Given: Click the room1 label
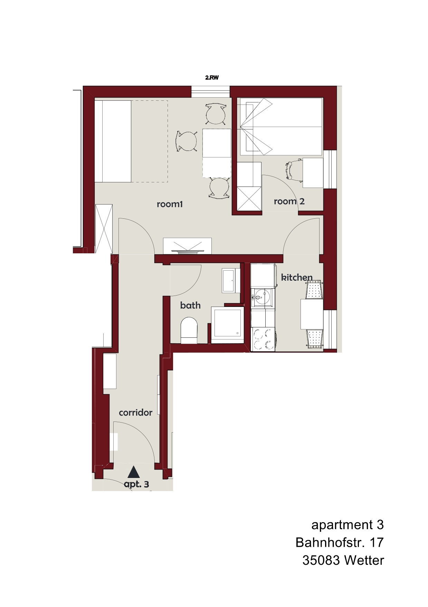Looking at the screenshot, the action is (169, 204).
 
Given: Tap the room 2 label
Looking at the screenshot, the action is (289, 201).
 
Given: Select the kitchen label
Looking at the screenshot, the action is (297, 277).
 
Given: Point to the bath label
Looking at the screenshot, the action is (190, 305).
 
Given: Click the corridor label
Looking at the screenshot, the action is (135, 413).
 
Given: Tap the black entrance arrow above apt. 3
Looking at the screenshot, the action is (134, 472).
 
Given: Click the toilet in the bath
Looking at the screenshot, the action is (189, 330).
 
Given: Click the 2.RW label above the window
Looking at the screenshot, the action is (212, 78).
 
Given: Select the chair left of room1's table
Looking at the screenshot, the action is (187, 141).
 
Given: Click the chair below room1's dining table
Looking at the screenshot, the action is (219, 188).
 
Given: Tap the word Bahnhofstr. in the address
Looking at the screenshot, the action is (330, 542).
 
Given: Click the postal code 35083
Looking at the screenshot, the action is (321, 560).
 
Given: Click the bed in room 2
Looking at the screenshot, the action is (281, 126).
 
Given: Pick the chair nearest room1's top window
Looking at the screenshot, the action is (216, 114).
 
